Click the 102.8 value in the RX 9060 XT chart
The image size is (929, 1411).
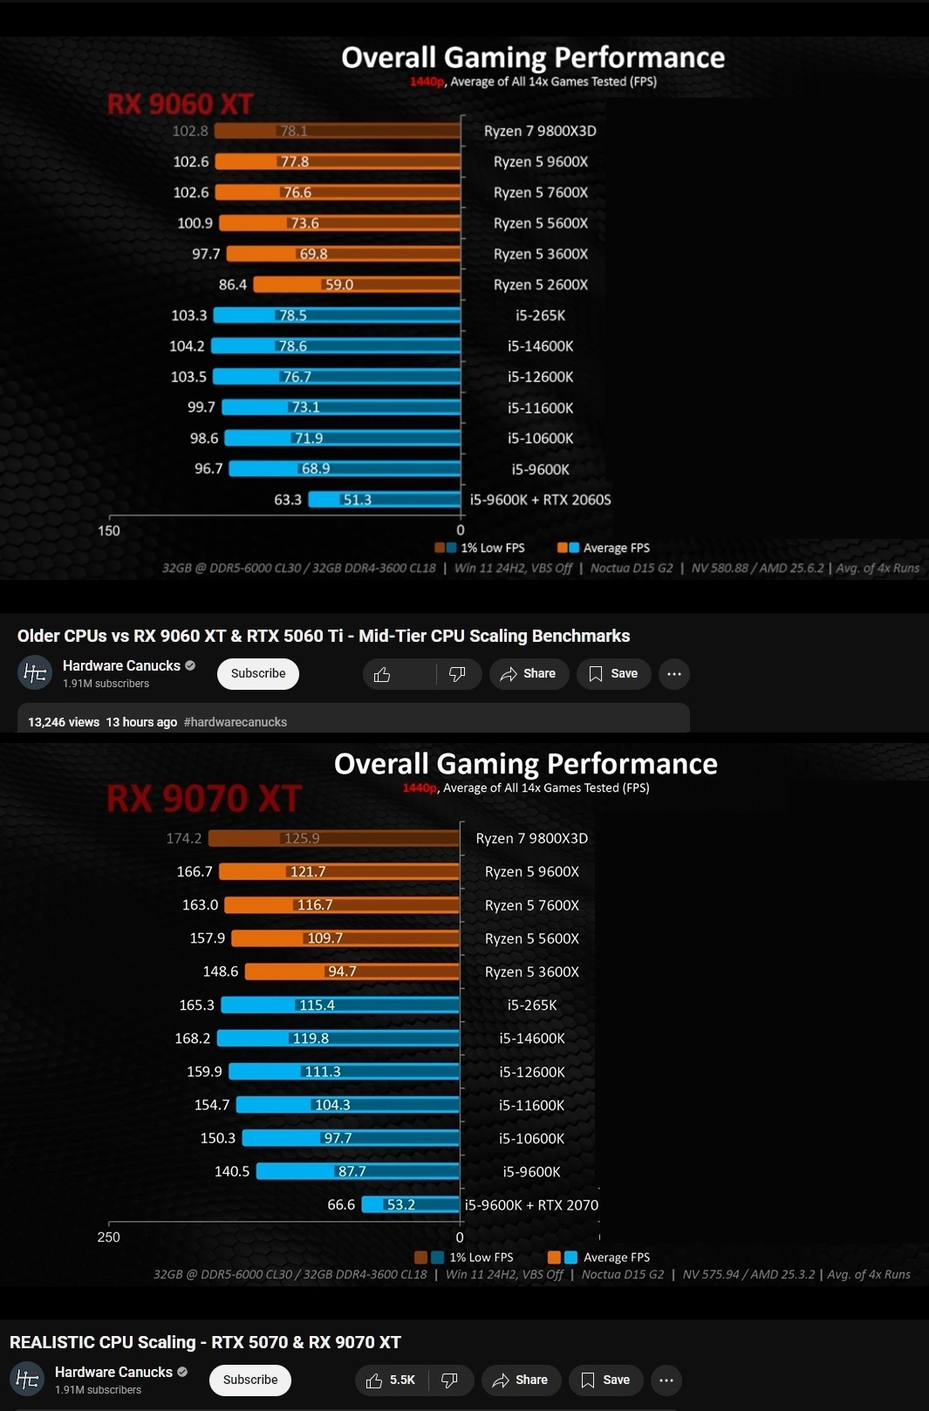click(x=190, y=131)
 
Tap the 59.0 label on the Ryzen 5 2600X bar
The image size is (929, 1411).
click(x=338, y=284)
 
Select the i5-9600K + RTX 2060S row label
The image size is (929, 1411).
click(x=540, y=500)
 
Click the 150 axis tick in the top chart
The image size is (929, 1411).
click(x=109, y=530)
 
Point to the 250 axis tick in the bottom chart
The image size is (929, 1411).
click(x=109, y=1237)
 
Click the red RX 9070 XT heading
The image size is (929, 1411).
click(x=204, y=798)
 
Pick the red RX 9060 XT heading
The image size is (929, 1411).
click(x=180, y=105)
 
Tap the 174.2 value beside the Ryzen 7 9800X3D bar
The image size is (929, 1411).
click(x=184, y=838)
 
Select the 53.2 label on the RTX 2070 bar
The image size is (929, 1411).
click(x=400, y=1204)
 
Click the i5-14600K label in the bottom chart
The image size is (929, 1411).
click(x=532, y=1038)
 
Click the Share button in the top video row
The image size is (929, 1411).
click(x=529, y=673)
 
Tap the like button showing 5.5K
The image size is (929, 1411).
click(x=391, y=1380)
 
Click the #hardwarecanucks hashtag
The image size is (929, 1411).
click(x=236, y=722)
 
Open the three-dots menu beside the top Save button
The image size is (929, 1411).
click(x=674, y=673)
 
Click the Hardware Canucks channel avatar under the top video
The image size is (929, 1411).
click(x=35, y=672)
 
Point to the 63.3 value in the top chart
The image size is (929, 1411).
click(x=288, y=500)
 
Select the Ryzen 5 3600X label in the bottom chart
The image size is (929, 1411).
click(x=532, y=971)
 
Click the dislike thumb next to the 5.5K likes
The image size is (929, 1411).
click(x=450, y=1380)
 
